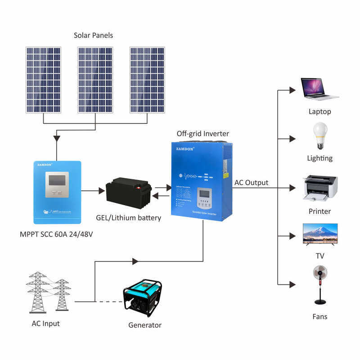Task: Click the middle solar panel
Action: [95, 80]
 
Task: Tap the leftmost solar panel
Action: [43, 80]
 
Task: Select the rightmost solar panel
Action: [147, 80]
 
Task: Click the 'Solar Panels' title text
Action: [93, 35]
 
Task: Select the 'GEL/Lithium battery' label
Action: [128, 218]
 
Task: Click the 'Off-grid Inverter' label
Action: [202, 134]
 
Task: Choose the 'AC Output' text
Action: [251, 183]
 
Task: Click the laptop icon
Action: [319, 90]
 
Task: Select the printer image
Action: [320, 188]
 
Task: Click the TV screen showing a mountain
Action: [320, 233]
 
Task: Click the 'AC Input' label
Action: [45, 324]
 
